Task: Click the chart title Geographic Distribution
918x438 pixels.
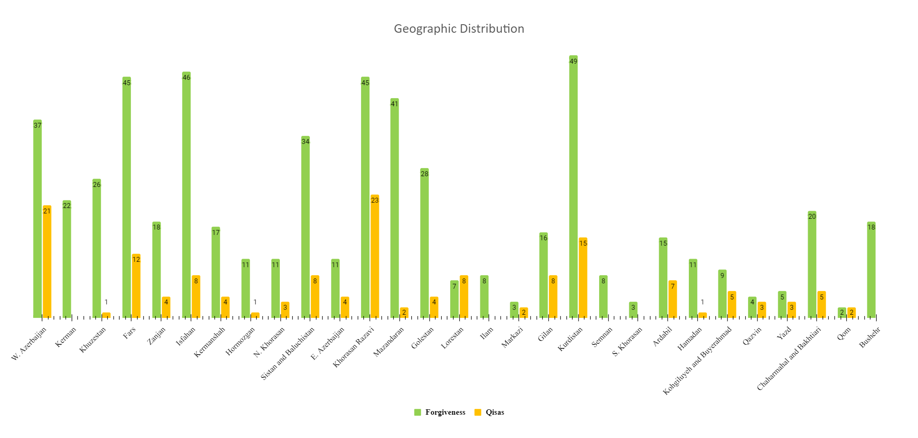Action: pos(459,29)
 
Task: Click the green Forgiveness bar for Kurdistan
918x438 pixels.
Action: pos(573,188)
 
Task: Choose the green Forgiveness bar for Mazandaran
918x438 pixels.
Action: pos(394,208)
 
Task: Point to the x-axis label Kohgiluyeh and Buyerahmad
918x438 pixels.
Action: pos(697,361)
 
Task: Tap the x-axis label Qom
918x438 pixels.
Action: pos(844,334)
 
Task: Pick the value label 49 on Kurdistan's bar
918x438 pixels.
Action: pos(573,61)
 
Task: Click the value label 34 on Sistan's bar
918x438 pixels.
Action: pos(305,142)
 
